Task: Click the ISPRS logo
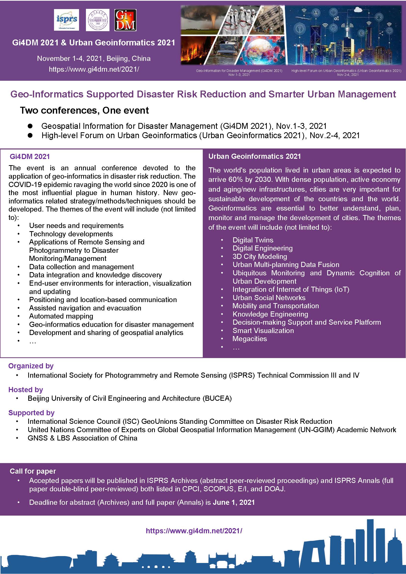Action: click(x=66, y=20)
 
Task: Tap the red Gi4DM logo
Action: click(x=125, y=20)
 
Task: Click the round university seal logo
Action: click(x=97, y=20)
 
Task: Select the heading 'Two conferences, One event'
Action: click(x=84, y=110)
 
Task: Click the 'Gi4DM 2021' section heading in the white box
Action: click(x=30, y=157)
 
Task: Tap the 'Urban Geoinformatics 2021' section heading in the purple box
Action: click(x=255, y=156)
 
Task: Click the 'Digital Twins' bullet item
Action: click(x=253, y=240)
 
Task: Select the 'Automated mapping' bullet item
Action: click(x=61, y=316)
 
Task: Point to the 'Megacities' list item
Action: click(x=249, y=339)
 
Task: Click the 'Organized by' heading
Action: click(x=31, y=366)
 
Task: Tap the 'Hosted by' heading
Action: click(x=26, y=390)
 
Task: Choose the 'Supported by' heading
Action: click(x=31, y=413)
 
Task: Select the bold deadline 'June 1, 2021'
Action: click(x=234, y=503)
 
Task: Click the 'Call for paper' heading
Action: click(x=33, y=471)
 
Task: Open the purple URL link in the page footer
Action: click(x=194, y=531)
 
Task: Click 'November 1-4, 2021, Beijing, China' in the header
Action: click(x=94, y=58)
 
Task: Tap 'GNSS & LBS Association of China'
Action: click(x=82, y=438)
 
